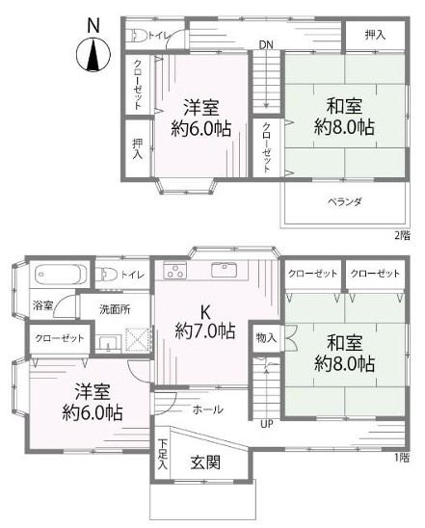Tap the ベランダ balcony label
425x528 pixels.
[x=343, y=202]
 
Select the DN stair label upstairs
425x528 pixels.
[x=266, y=43]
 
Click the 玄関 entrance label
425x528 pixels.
[x=205, y=462]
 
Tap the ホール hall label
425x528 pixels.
[x=210, y=409]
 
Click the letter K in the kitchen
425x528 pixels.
[x=204, y=311]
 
